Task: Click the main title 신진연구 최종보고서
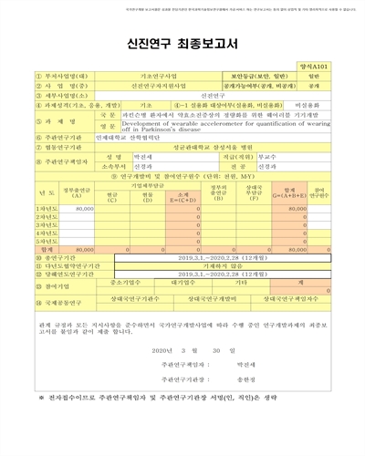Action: coord(182,43)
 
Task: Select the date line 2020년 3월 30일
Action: coord(182,349)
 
